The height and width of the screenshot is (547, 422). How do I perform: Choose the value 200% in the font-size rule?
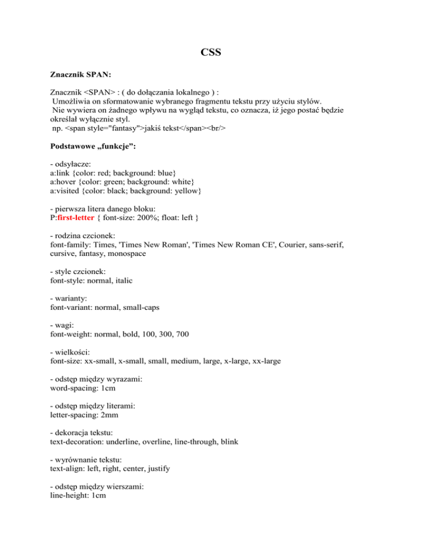coord(142,219)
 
